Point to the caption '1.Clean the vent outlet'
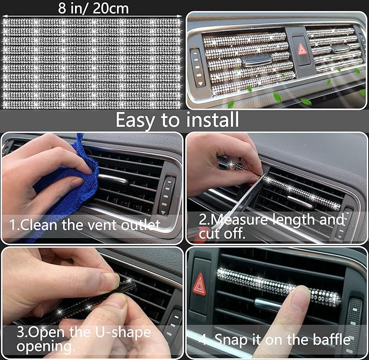(84, 225)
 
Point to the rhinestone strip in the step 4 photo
(278, 286)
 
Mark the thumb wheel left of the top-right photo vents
(196, 67)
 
